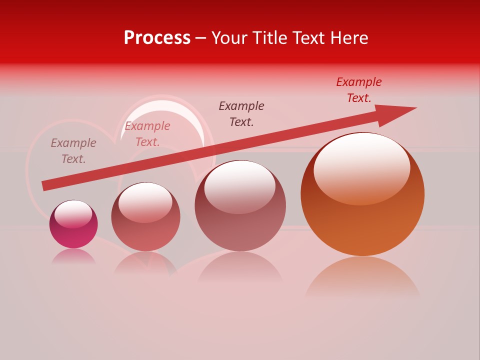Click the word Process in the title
coord(157,38)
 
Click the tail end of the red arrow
coord(45,185)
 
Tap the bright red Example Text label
coord(359,90)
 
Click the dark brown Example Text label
coord(241,113)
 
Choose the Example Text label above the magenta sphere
coord(73,151)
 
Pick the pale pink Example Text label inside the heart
coord(147,134)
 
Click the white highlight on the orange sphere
coord(361,167)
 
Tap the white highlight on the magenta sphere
coord(73,214)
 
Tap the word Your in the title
coord(230,38)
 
